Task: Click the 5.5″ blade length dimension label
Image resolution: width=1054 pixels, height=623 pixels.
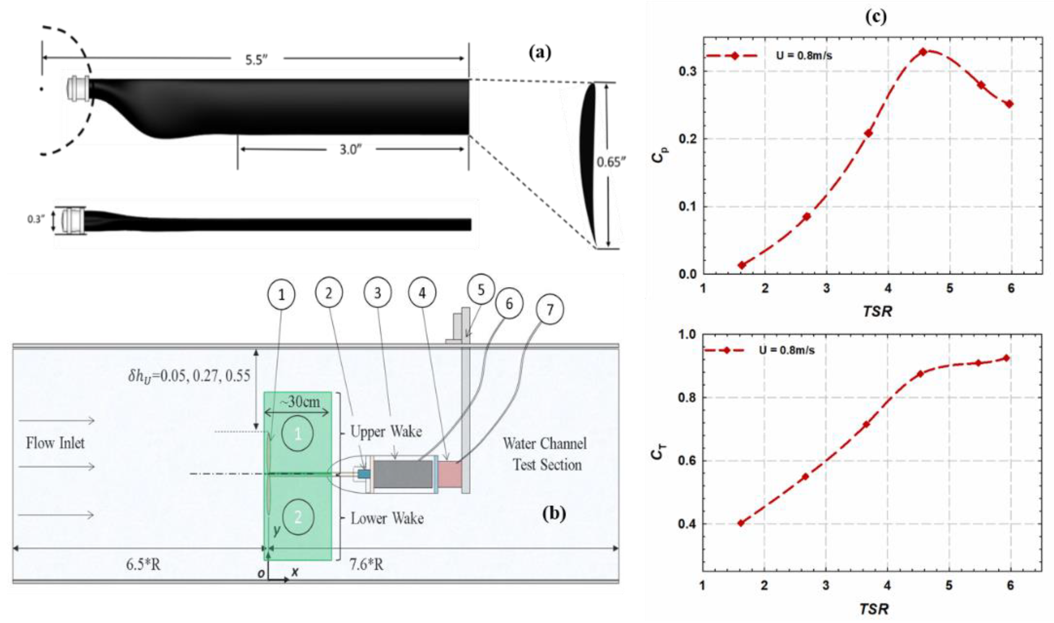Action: click(x=257, y=60)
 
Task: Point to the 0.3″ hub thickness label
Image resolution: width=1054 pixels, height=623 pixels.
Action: click(x=36, y=219)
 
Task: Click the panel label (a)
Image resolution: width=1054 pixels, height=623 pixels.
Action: click(x=540, y=53)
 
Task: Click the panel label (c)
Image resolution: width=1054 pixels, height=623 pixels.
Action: click(x=876, y=17)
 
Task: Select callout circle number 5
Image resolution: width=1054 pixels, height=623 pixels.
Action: click(x=481, y=290)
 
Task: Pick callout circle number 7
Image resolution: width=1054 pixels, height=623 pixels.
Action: click(x=549, y=310)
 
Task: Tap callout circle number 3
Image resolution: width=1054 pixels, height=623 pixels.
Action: click(x=377, y=293)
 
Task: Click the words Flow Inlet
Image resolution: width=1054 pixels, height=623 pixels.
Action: click(x=55, y=443)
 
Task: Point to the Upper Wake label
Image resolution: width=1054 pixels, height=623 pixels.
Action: click(x=386, y=431)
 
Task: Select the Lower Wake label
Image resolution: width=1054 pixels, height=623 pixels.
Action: click(x=387, y=518)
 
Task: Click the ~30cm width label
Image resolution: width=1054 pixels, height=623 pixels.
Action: click(x=299, y=402)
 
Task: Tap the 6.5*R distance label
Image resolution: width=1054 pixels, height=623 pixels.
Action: click(x=143, y=565)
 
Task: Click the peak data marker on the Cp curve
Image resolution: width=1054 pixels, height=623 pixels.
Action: click(x=923, y=52)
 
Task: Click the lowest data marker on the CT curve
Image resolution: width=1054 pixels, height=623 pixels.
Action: click(x=741, y=523)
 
